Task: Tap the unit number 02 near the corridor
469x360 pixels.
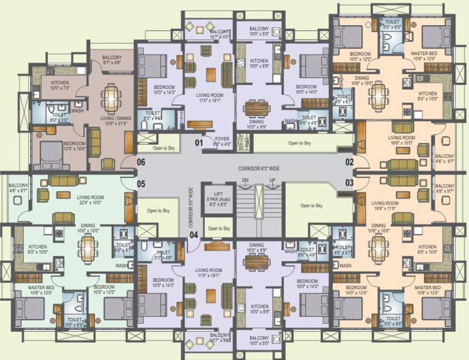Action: pos(349,162)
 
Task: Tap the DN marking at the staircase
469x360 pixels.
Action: pos(245,180)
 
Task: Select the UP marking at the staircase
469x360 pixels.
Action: pos(272,180)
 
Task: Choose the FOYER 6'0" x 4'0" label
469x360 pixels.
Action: pos(222,142)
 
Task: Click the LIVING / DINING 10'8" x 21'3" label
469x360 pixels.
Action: pos(112,121)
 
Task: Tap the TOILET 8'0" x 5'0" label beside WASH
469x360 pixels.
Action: pos(59,117)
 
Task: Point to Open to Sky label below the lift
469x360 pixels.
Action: pos(219,228)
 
